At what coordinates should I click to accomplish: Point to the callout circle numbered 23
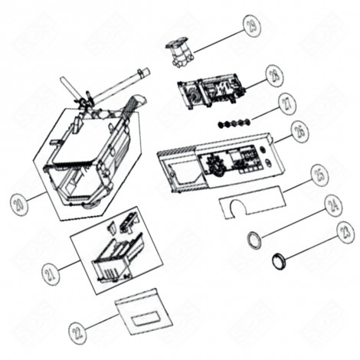pos(345,232)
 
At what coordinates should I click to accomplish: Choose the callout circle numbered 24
pos(332,205)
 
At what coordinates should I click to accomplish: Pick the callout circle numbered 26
pos(299,132)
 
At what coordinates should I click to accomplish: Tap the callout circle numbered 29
pos(250,26)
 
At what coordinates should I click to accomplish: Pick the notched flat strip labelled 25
pos(248,201)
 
